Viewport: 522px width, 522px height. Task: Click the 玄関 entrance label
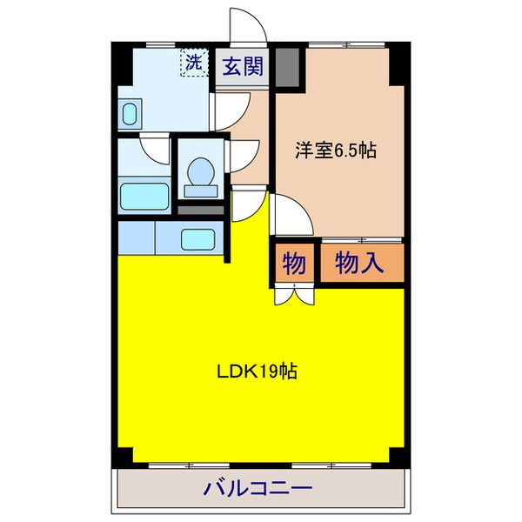point(242,67)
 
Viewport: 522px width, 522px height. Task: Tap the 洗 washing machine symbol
point(192,63)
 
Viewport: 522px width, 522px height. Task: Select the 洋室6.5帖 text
point(335,150)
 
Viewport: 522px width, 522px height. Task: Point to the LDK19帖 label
point(258,371)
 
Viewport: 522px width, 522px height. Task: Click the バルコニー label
point(258,488)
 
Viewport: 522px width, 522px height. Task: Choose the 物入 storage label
point(360,263)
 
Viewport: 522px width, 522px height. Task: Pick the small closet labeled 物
point(294,263)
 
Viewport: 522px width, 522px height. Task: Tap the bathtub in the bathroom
point(144,196)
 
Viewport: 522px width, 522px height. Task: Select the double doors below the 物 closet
point(294,293)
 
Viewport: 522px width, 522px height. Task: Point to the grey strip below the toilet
point(203,209)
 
